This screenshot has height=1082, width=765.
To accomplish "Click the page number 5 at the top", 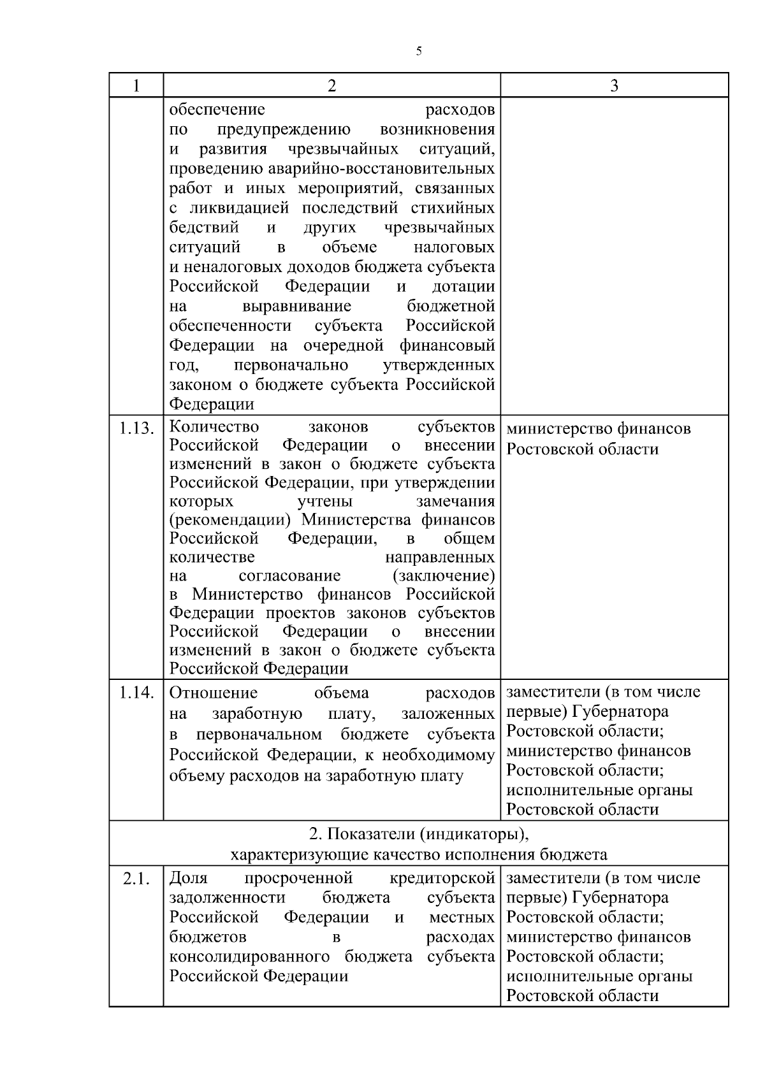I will (x=419, y=52).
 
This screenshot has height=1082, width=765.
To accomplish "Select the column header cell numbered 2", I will (x=331, y=85).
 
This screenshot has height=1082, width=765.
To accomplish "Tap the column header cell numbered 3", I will (x=614, y=85).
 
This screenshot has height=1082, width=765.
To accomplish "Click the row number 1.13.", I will (x=136, y=428).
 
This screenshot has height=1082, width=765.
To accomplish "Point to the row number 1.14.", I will (x=136, y=693).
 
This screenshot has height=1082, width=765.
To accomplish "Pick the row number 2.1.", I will (x=136, y=879).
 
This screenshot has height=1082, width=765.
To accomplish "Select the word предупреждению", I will (x=284, y=130).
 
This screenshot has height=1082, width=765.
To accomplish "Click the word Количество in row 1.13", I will (x=214, y=426).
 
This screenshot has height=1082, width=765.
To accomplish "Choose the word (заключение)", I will (x=444, y=576).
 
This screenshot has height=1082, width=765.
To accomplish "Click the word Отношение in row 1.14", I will (x=214, y=693).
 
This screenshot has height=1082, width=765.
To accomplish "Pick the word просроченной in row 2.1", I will (x=298, y=878).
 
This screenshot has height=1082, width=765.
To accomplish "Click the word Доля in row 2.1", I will (x=189, y=878).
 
